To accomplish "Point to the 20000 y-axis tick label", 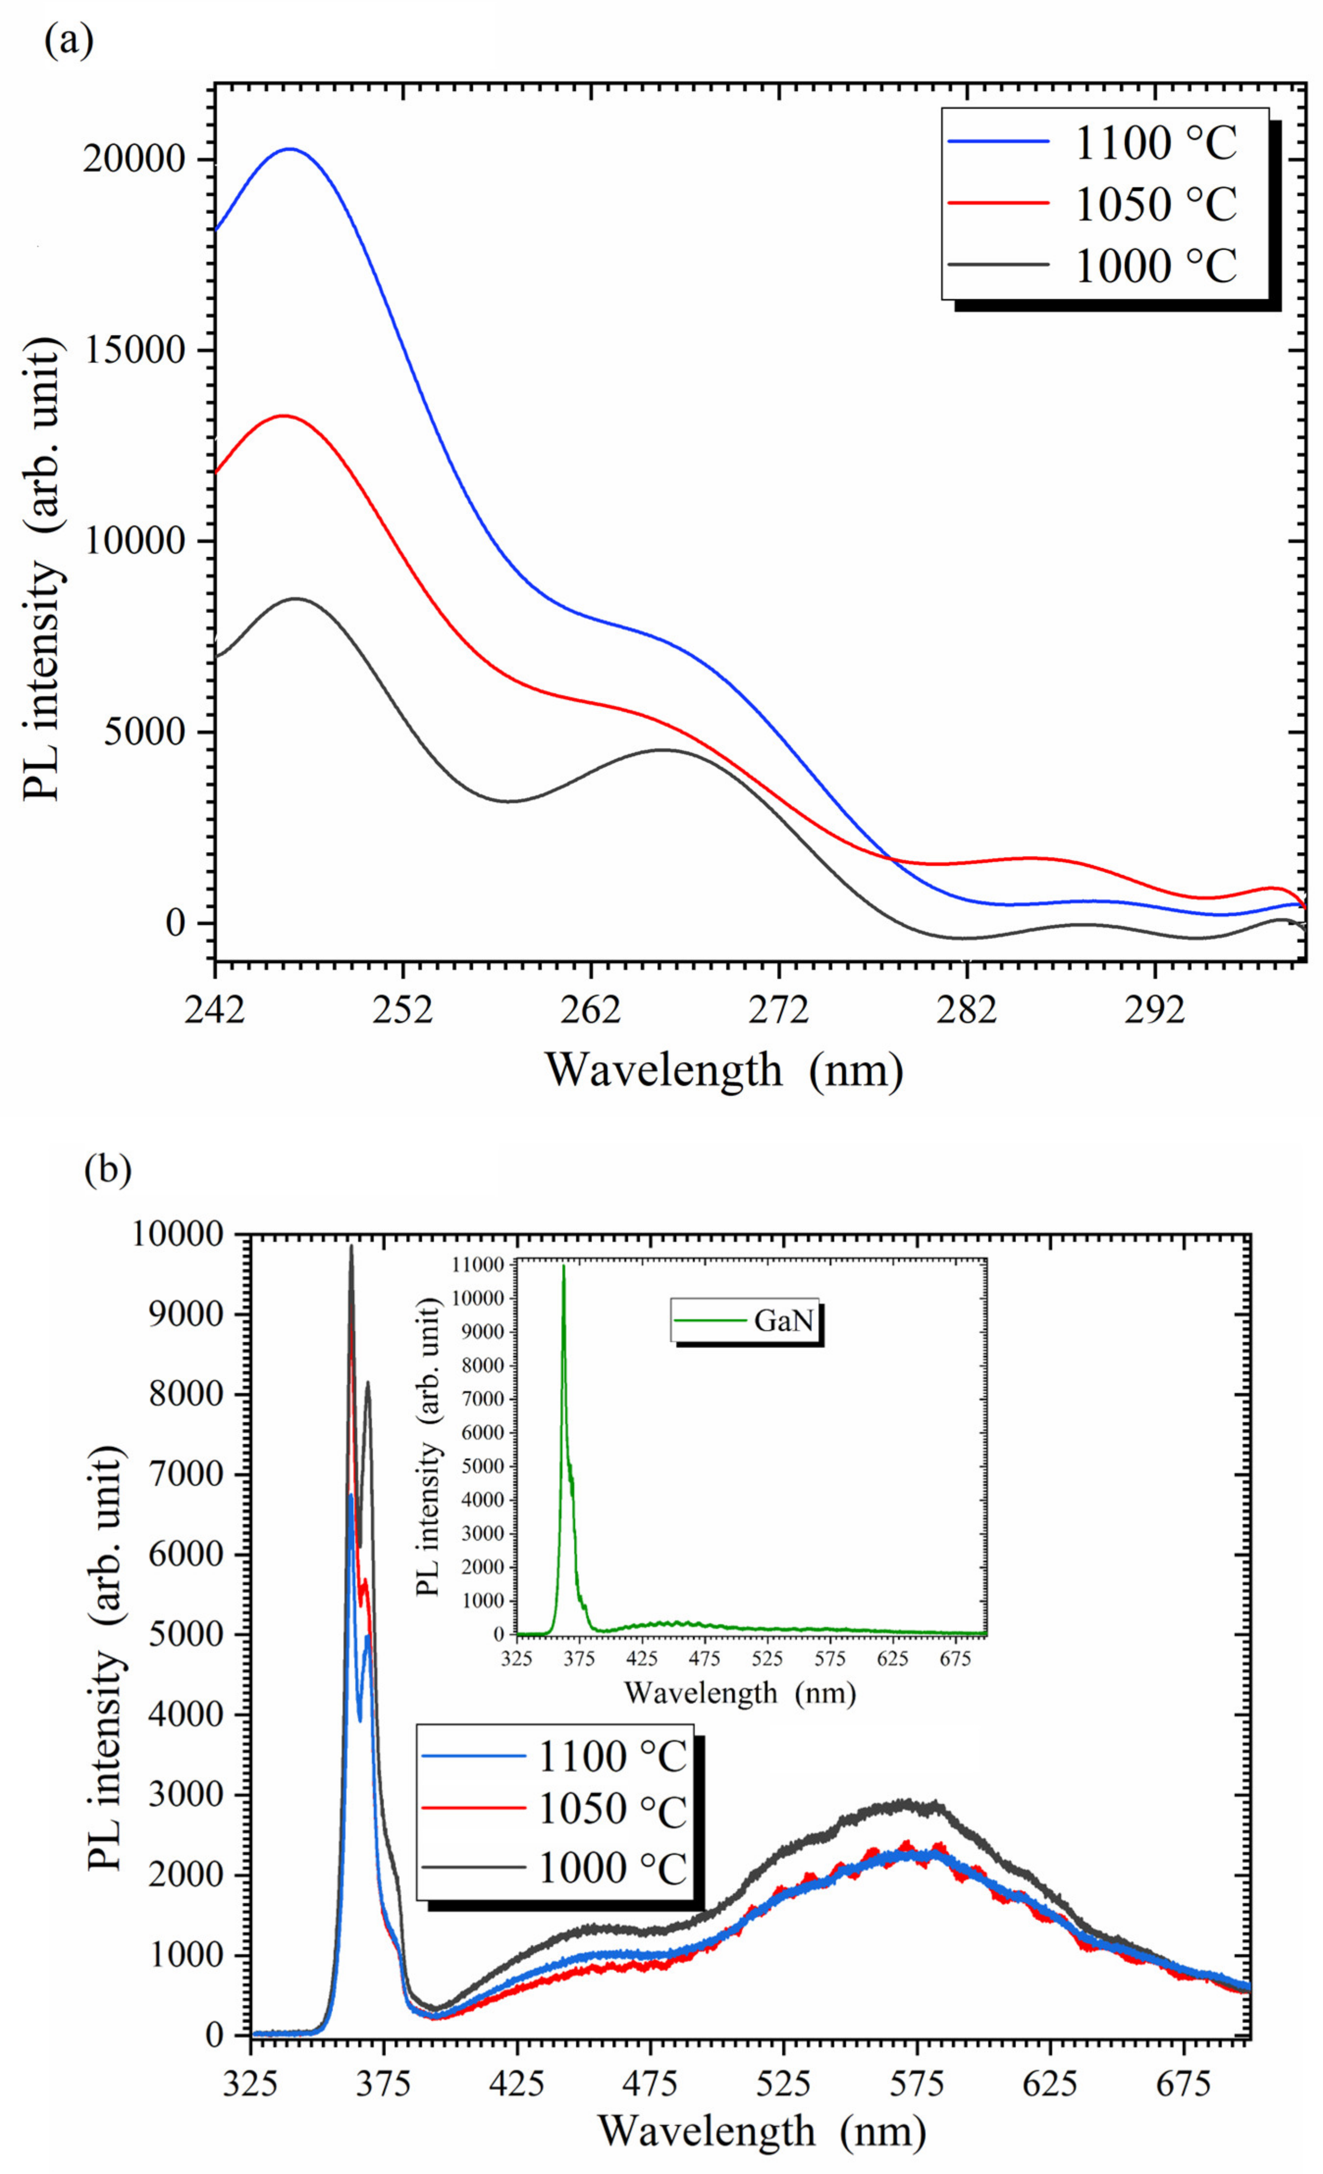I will [134, 160].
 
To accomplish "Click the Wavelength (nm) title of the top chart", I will [724, 1070].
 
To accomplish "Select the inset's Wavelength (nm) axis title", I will [740, 1691].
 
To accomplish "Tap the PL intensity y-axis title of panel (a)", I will [44, 572].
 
